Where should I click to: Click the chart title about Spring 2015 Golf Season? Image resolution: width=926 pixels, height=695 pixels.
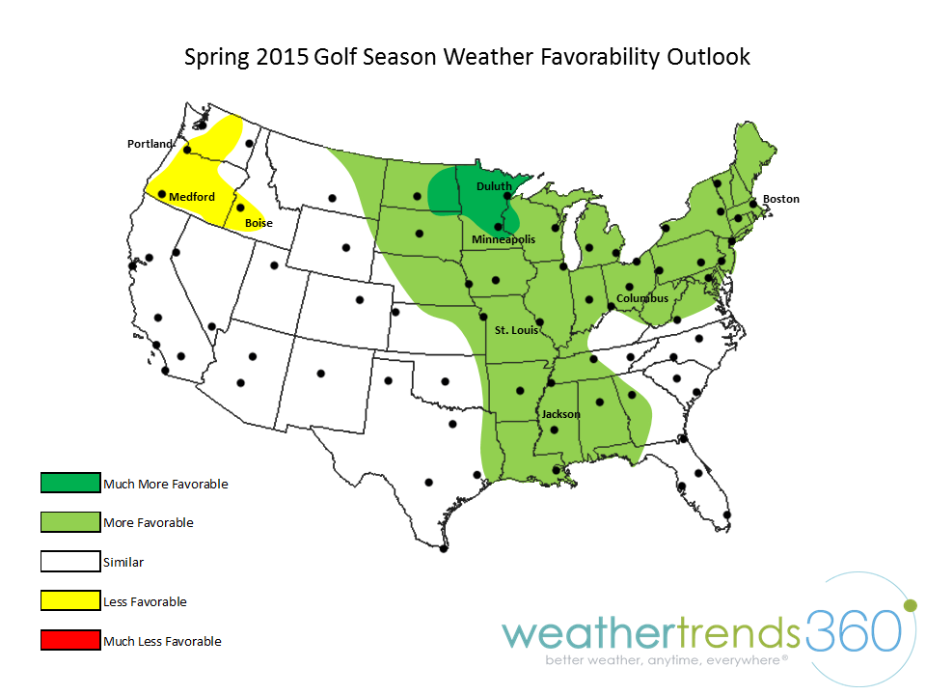[x=467, y=57]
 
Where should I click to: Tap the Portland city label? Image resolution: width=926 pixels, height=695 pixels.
[x=150, y=144]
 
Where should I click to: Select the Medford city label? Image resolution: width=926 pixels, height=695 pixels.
[x=192, y=197]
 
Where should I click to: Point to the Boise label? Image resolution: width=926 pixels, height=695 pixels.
[x=259, y=223]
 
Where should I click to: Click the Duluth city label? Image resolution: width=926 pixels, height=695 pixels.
[x=494, y=186]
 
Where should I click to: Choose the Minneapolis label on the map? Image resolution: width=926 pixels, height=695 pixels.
[x=504, y=239]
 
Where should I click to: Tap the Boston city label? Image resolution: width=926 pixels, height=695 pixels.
[x=781, y=199]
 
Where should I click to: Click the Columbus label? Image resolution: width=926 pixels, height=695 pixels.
[x=642, y=298]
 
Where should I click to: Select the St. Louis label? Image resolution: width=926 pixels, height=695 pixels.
[x=516, y=330]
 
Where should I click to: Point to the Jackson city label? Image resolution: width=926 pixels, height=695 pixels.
[x=560, y=414]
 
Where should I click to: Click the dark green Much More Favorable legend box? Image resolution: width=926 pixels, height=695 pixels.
[x=70, y=483]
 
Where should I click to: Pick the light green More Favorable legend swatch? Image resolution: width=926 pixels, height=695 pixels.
[x=70, y=522]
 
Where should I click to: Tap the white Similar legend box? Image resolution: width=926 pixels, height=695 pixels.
[x=70, y=561]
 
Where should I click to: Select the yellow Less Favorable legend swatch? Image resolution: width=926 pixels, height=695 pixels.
[x=70, y=601]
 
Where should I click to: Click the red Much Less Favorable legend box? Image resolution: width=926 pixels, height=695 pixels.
[x=70, y=640]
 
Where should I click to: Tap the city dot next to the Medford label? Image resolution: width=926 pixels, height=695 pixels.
[x=162, y=194]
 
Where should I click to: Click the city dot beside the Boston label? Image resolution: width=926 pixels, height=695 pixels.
[x=752, y=203]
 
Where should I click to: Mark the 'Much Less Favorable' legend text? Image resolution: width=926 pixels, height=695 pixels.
[x=162, y=641]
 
